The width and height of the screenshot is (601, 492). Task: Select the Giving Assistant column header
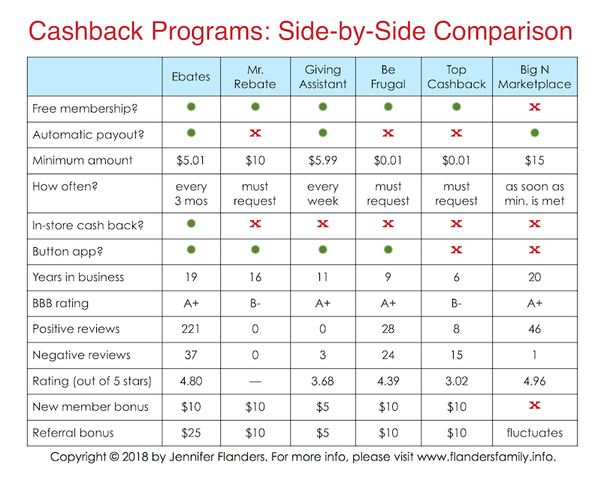click(x=322, y=77)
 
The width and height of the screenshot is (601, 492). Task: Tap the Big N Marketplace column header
click(x=534, y=77)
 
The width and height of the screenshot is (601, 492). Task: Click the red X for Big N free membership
click(x=534, y=108)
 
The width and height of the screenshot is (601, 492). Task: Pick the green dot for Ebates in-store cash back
click(x=192, y=223)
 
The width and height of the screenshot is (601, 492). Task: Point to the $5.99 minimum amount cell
click(x=322, y=160)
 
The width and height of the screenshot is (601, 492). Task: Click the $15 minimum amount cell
click(x=534, y=160)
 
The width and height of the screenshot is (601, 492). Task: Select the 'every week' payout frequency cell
click(x=322, y=194)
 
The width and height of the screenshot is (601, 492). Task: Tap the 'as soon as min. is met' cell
click(x=534, y=194)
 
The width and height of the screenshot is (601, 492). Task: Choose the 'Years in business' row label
click(x=78, y=277)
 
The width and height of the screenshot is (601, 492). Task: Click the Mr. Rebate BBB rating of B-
click(x=255, y=303)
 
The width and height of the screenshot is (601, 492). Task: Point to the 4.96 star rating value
click(x=534, y=381)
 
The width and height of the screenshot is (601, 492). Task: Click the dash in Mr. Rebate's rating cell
click(x=255, y=381)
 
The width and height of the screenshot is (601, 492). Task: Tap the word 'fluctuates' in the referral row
click(x=534, y=433)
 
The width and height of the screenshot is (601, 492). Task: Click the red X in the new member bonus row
click(x=534, y=406)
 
